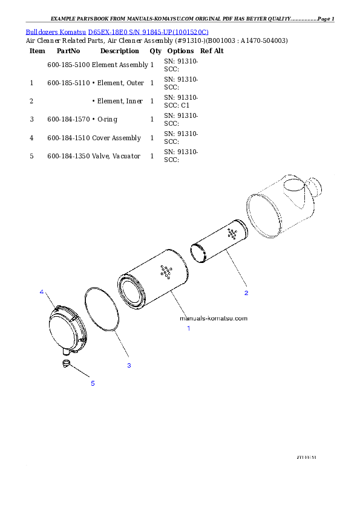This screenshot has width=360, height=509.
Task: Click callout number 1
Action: (x=188, y=328)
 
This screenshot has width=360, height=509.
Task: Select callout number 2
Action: (x=246, y=293)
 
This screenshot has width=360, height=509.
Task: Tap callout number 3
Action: (x=129, y=365)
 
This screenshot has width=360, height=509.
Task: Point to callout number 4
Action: (x=42, y=292)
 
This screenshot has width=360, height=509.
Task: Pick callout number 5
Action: (x=93, y=383)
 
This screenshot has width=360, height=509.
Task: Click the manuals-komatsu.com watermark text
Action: (x=214, y=318)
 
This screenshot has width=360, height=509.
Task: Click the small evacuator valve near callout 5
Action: (x=67, y=362)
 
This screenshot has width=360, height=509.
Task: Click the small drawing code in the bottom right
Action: (x=307, y=458)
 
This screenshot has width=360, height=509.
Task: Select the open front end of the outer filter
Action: (x=133, y=290)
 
